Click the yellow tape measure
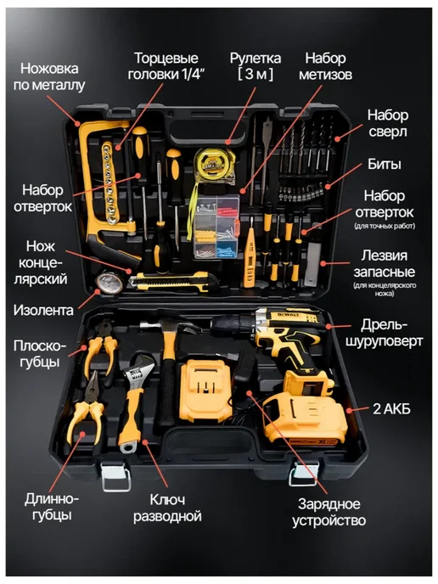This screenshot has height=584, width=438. point(211,164)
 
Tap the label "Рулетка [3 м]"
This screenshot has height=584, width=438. point(255,66)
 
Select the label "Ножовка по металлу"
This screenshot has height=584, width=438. point(49,76)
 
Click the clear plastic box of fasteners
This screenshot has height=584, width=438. point(216,227)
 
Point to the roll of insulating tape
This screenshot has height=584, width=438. point(109,283)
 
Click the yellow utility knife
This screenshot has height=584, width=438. point(170,281)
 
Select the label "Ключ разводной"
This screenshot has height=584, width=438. point(167,508)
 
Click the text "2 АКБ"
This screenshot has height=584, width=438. point(391,409)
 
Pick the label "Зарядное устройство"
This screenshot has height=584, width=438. point(328,512)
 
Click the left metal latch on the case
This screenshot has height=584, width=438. point(115,476)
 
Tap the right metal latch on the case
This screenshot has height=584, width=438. point(304,474)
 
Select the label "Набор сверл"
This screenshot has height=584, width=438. point(387,123)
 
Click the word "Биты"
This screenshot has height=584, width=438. point(385,165)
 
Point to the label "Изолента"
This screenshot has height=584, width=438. point(43,310)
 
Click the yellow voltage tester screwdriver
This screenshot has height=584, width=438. point(250,252)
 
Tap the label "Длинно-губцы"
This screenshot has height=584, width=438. point(52,507)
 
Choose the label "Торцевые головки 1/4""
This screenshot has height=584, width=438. point(166,66)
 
